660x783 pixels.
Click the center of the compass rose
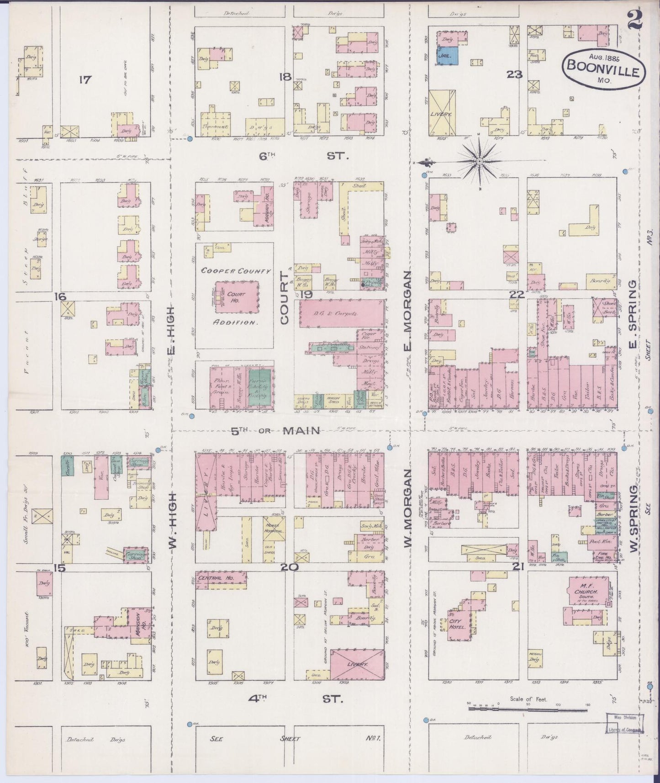click(480, 161)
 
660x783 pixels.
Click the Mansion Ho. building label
click(138, 621)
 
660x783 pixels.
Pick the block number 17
click(84, 80)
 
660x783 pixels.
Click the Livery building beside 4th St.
click(357, 664)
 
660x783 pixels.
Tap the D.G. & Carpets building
click(342, 313)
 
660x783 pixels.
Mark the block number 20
click(290, 568)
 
